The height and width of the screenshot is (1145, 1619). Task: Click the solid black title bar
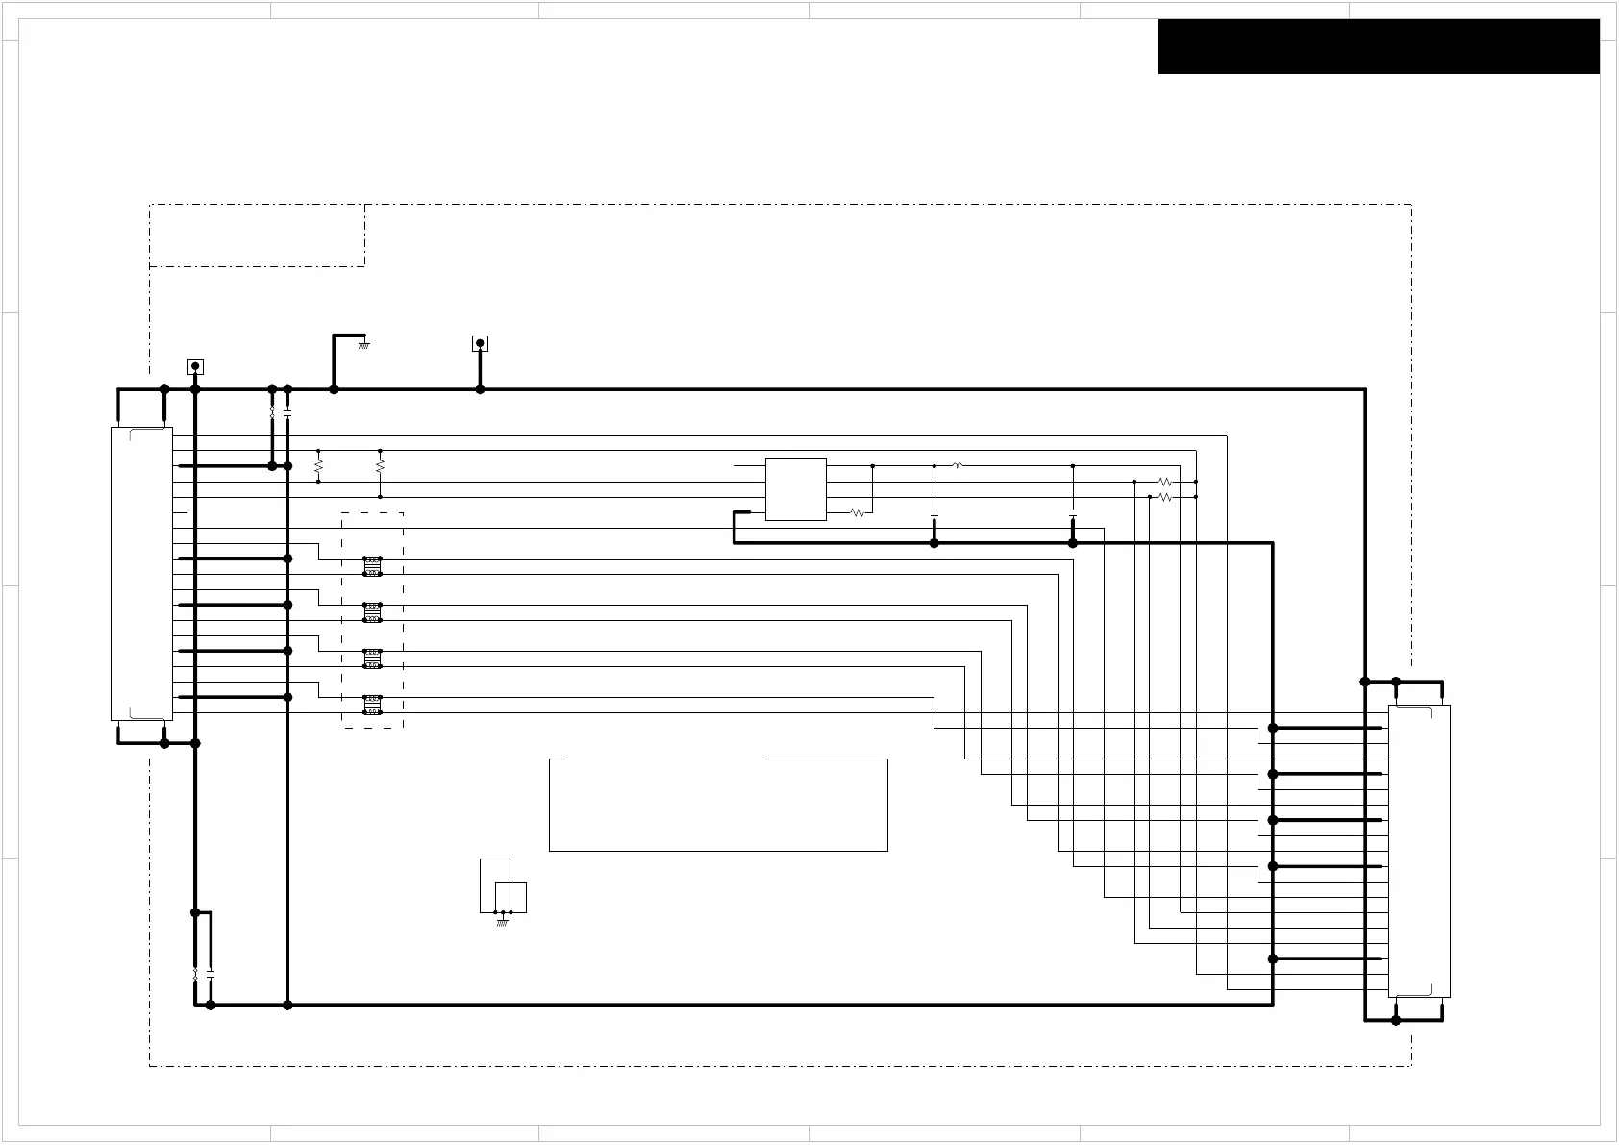(1378, 46)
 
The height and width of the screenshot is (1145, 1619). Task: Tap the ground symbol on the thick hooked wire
(363, 344)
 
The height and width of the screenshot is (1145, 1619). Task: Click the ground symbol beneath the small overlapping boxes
(501, 922)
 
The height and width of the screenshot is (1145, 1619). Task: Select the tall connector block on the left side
(141, 574)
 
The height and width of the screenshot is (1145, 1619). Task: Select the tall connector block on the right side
(1418, 851)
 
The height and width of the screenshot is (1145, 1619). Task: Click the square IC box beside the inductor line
(795, 489)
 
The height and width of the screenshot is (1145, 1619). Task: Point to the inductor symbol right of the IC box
(957, 465)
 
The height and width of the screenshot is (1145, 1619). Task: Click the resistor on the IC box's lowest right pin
(858, 512)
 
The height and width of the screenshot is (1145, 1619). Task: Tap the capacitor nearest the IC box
(934, 512)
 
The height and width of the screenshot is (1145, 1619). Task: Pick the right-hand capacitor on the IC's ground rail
(1072, 512)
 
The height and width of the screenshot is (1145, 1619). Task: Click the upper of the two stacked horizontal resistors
(1164, 482)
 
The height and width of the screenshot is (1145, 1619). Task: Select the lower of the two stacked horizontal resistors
(1164, 497)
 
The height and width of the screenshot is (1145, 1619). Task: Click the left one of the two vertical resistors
(318, 466)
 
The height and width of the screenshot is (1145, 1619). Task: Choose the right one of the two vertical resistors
(380, 466)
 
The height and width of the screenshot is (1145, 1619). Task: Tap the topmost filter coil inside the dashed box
(372, 566)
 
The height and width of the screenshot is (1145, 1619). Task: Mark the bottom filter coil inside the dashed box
(372, 705)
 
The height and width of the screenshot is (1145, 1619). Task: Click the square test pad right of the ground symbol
(480, 343)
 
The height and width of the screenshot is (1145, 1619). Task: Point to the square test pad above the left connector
(195, 366)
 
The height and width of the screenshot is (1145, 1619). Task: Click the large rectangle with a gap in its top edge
(717, 805)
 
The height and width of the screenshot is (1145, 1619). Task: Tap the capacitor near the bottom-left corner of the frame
(211, 973)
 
